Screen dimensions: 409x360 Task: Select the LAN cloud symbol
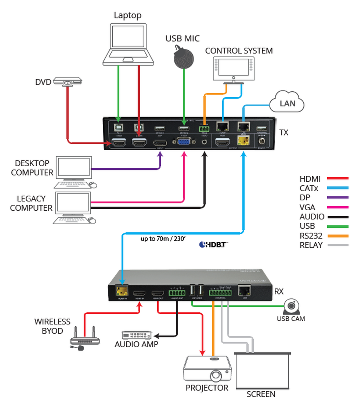tap(287, 102)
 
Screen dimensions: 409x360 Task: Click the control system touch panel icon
tap(233, 69)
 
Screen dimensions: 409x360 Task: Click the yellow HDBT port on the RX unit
tap(121, 291)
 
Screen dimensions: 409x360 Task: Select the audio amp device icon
tap(136, 335)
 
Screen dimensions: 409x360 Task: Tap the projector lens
tap(216, 376)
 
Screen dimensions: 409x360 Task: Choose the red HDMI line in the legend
tap(337, 178)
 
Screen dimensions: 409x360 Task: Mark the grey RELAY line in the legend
tap(337, 245)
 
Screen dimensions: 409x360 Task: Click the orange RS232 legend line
tap(337, 236)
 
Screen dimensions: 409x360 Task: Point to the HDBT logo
tap(213, 244)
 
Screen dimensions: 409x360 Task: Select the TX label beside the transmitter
tap(284, 133)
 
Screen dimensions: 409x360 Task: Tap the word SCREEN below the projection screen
tap(261, 394)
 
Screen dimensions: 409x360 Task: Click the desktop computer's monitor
tap(74, 168)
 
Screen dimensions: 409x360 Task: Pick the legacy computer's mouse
tap(92, 221)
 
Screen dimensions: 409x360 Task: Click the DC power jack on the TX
tap(262, 141)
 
